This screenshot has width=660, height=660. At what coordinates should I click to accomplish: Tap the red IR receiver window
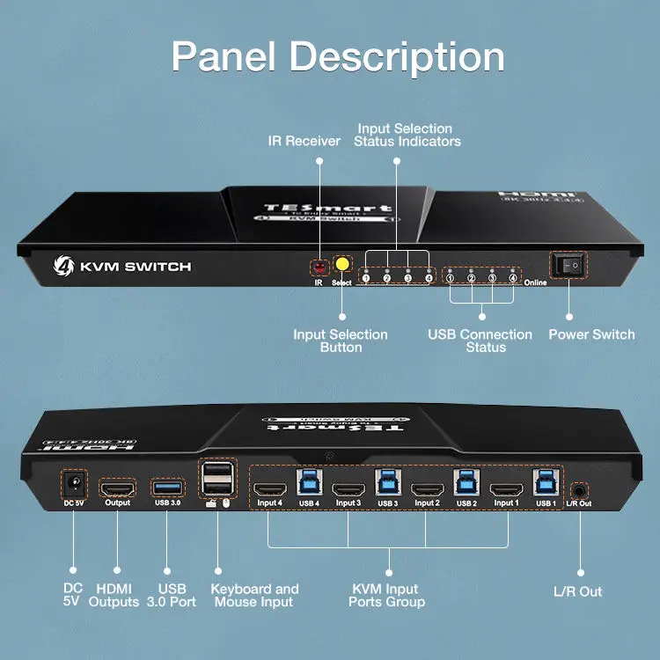[x=319, y=266]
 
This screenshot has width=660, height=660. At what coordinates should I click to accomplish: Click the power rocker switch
[x=568, y=265]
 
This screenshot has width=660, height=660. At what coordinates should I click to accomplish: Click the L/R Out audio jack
[x=580, y=491]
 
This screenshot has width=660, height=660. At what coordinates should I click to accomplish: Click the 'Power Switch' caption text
[x=591, y=334]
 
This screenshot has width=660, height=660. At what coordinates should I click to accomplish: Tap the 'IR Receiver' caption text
[x=304, y=141]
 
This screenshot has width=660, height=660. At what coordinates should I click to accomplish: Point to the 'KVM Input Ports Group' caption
[x=386, y=596]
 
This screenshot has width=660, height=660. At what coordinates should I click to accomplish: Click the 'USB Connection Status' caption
[x=480, y=341]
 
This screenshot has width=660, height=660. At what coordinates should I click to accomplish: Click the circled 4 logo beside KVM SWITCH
[x=63, y=266]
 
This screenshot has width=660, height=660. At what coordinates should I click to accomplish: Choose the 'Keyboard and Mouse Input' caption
[x=254, y=596]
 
